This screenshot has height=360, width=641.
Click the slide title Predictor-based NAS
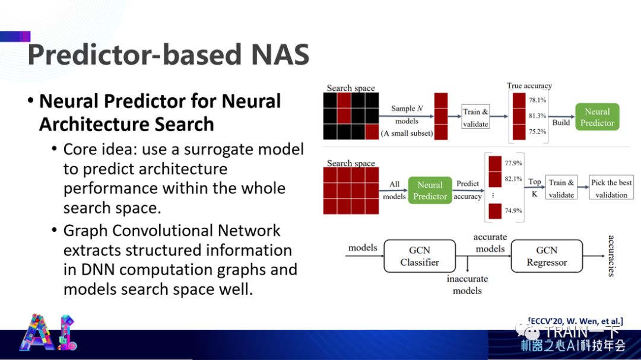click(169, 55)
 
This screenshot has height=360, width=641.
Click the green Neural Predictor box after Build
click(596, 117)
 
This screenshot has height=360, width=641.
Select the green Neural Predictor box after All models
click(430, 190)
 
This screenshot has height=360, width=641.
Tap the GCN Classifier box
click(419, 256)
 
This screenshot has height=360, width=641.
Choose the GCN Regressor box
click(547, 256)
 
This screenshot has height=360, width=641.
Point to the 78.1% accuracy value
click(537, 100)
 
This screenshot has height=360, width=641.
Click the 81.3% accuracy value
click(537, 116)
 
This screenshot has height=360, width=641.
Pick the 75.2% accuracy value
click(537, 132)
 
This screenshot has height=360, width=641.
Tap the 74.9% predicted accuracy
click(513, 211)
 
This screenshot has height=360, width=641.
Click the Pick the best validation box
click(611, 189)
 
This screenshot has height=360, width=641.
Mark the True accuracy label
click(529, 86)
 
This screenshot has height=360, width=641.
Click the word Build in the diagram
click(561, 123)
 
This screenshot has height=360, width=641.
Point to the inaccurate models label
click(467, 285)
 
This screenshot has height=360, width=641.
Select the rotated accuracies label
click(611, 256)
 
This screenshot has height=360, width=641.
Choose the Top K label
click(535, 188)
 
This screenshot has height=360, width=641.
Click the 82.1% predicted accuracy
click(513, 179)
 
